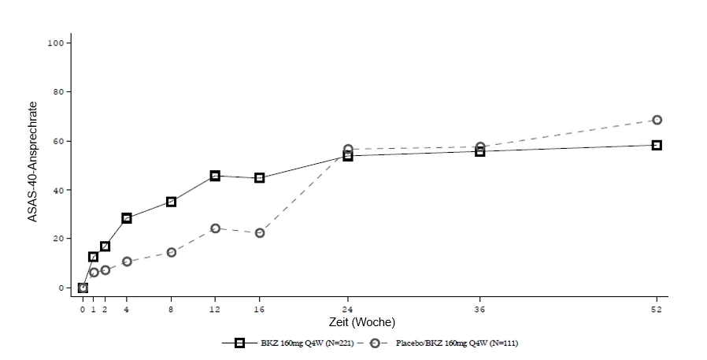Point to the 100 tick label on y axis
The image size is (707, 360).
57,43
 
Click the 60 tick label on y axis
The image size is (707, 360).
59,141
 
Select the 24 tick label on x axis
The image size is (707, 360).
348,310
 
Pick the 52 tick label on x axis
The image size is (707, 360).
657,310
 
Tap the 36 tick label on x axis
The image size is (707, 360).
480,310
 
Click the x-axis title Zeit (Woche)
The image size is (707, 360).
362,322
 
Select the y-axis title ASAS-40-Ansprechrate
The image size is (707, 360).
32,161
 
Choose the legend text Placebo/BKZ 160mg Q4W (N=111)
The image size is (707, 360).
457,343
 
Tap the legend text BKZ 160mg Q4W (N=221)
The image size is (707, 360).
307,343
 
